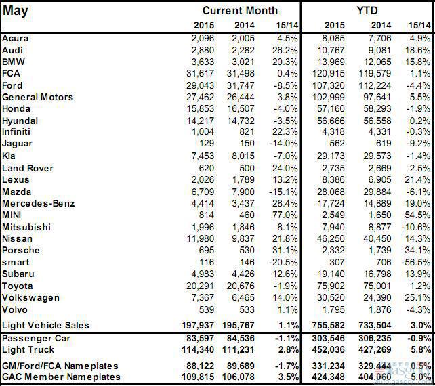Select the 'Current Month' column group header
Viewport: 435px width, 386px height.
coord(240,11)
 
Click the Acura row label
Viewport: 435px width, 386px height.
coord(16,38)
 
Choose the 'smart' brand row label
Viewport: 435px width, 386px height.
coord(16,262)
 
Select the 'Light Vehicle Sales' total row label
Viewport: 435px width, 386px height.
coord(45,325)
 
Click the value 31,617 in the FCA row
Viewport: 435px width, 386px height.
coord(198,73)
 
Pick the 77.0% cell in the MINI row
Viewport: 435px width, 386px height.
coord(285,215)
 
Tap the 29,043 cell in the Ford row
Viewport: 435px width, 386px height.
coord(198,85)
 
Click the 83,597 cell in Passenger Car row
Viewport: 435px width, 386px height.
coord(198,337)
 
